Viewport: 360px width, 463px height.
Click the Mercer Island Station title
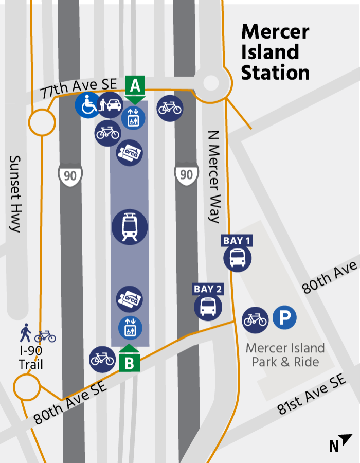(x=275, y=52)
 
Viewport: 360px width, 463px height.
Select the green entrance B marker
(x=129, y=362)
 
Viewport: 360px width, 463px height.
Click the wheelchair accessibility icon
(x=88, y=105)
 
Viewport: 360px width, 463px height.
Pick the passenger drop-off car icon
(x=110, y=105)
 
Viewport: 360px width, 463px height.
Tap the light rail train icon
(x=130, y=226)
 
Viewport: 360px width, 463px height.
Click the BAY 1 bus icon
(x=238, y=258)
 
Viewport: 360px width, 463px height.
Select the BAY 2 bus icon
(x=208, y=307)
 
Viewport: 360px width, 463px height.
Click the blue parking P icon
(x=284, y=318)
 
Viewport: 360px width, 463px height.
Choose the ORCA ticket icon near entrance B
(x=130, y=299)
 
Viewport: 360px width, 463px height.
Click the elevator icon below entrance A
(x=133, y=119)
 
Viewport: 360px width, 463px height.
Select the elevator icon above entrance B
(x=130, y=328)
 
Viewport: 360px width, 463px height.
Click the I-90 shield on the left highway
(x=70, y=175)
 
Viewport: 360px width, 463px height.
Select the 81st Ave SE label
(x=312, y=395)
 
